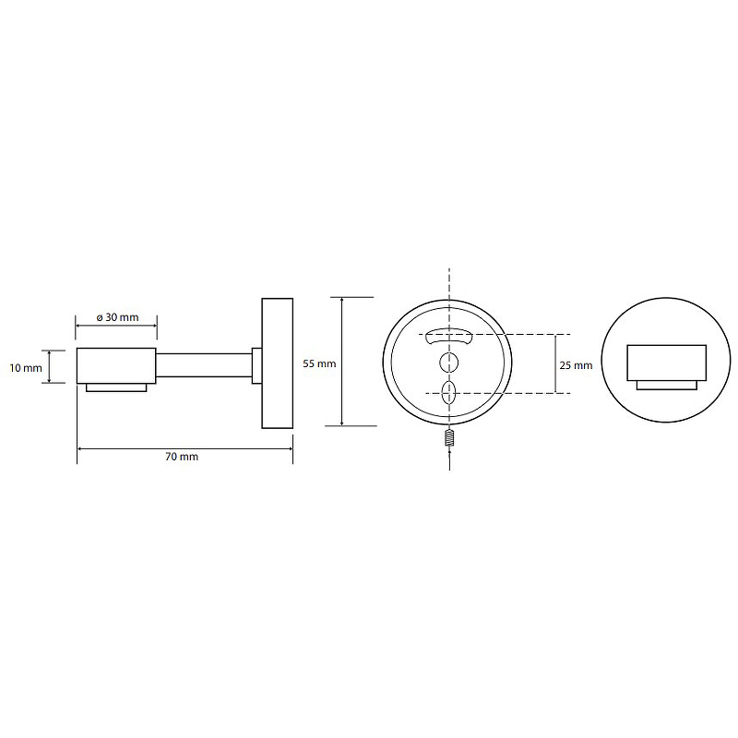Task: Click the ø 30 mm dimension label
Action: point(118,317)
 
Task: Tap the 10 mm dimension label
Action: point(26,368)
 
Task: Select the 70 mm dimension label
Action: point(182,457)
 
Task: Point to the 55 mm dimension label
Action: point(319,363)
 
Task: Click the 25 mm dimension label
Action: point(576,365)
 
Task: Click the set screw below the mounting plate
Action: point(449,438)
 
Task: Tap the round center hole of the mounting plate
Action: point(448,363)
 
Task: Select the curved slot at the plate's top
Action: point(448,337)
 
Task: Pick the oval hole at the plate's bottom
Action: point(448,393)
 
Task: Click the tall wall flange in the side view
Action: point(278,363)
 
